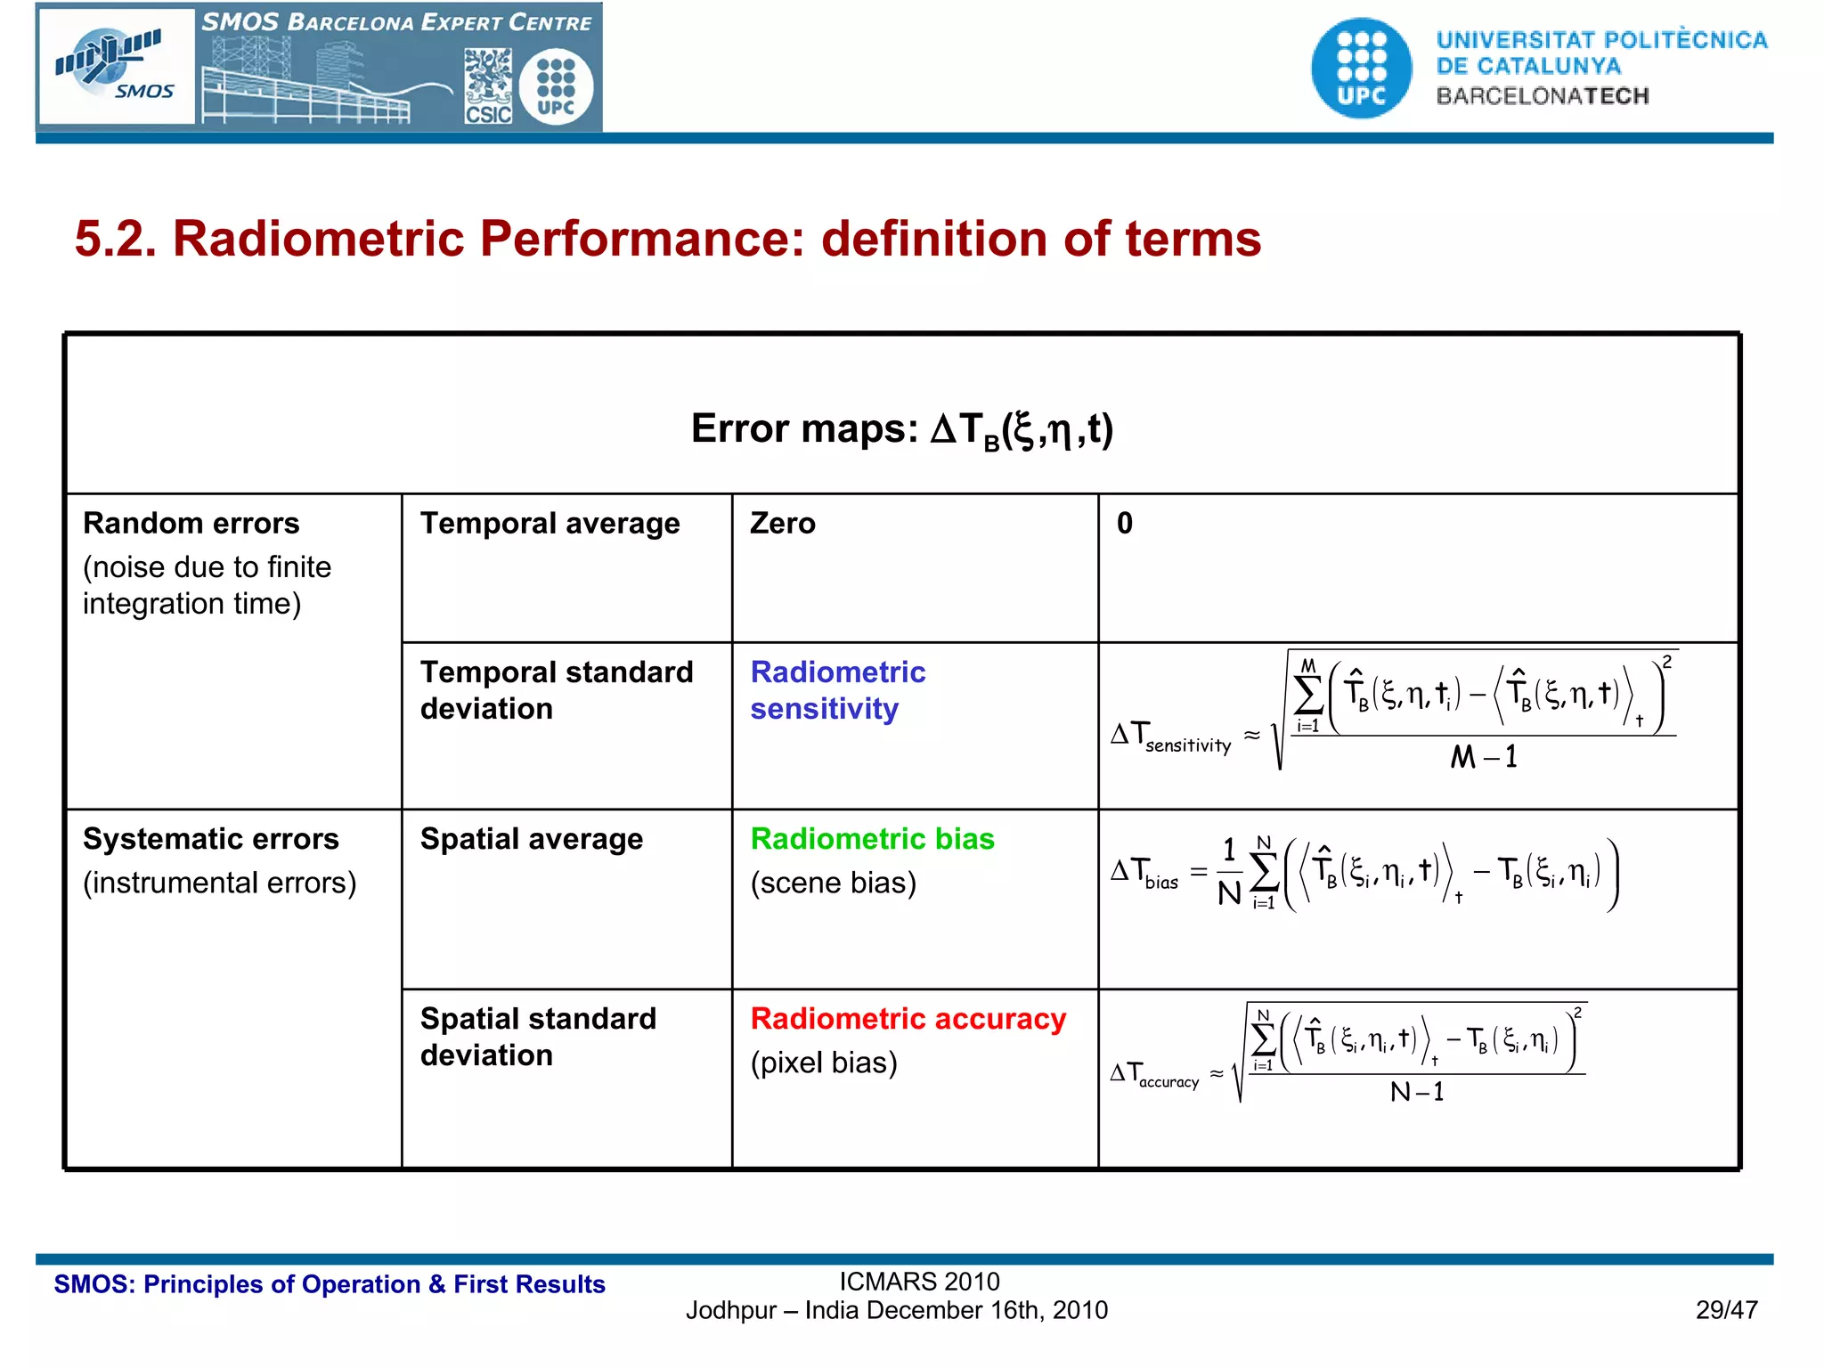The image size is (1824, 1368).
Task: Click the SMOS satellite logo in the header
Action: tap(116, 66)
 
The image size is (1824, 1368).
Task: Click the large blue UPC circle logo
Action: tap(1361, 68)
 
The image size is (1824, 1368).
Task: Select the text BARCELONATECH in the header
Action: tap(1542, 96)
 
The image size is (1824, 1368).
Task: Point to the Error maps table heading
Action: tap(901, 429)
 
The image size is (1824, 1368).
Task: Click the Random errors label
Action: tap(191, 523)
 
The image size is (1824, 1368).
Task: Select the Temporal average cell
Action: tap(550, 523)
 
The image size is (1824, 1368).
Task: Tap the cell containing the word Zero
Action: tap(782, 523)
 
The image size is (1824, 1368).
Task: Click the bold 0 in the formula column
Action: tap(1125, 523)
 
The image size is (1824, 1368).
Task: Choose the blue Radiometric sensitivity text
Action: tap(837, 690)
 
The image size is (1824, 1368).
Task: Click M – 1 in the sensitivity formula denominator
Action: tap(1483, 757)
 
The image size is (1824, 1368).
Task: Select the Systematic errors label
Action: tap(210, 839)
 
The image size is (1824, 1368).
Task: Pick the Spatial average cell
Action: tap(531, 839)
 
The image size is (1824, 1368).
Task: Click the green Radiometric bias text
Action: tap(872, 839)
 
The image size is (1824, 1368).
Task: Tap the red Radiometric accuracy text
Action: tap(908, 1019)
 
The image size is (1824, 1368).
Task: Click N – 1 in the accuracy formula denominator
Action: tap(1416, 1092)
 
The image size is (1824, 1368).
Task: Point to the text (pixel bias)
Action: tap(824, 1063)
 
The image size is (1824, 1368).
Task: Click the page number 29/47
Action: tap(1726, 1310)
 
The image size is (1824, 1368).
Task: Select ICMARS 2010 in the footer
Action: tap(919, 1282)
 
